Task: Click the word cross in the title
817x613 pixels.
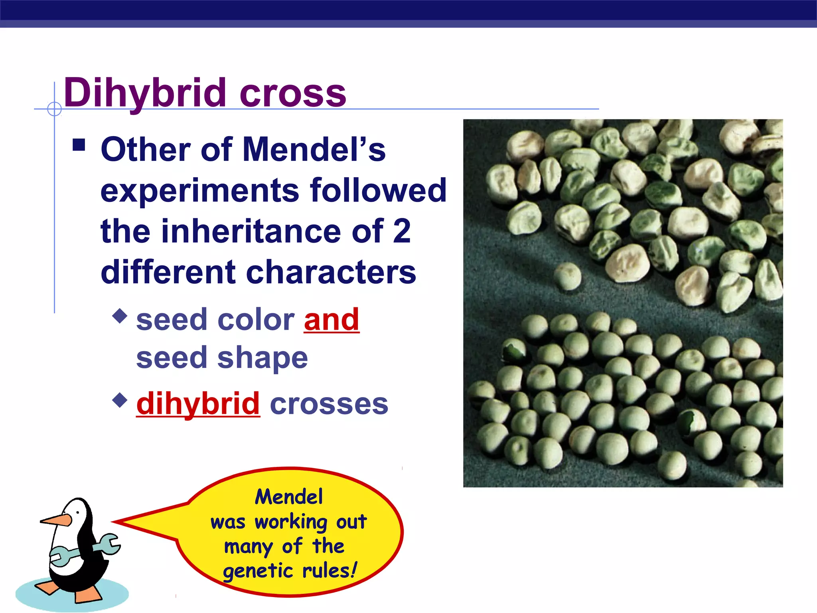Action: [293, 94]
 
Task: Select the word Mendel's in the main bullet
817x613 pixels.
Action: [314, 150]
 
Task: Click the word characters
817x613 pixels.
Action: [331, 273]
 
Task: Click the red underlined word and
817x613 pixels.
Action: [332, 320]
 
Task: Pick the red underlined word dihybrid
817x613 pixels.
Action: [198, 403]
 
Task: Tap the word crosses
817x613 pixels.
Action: [329, 403]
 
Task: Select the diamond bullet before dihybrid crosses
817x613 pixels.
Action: [120, 399]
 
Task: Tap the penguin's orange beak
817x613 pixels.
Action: [56, 520]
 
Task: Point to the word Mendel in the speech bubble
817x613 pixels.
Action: [289, 497]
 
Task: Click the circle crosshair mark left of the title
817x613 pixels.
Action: [54, 109]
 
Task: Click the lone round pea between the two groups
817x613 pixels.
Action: [567, 276]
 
